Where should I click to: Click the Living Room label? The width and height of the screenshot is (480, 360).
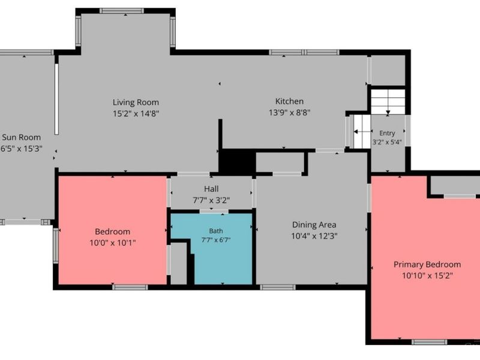(136, 102)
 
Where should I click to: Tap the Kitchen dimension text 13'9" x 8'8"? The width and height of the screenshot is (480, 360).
(290, 113)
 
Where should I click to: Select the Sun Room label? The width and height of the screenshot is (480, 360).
(21, 137)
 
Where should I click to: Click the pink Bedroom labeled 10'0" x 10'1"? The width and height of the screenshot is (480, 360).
(113, 230)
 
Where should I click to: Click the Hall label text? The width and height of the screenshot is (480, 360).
(211, 189)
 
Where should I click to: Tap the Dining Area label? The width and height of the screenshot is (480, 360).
(314, 225)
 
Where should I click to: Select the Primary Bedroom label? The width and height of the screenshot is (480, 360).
(427, 265)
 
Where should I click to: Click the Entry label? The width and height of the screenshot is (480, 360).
(387, 133)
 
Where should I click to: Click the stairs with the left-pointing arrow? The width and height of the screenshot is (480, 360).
(362, 131)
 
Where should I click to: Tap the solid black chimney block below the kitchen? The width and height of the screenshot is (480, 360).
(238, 162)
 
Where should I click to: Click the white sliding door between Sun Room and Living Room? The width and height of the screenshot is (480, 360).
(56, 99)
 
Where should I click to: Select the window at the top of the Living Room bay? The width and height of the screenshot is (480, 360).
(122, 11)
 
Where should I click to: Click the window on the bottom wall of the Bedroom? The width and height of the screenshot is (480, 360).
(130, 287)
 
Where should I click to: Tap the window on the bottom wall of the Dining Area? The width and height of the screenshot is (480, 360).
(278, 287)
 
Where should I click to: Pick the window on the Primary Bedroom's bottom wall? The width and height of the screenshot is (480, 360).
(429, 342)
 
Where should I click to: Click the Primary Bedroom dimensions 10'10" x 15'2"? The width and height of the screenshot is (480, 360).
(427, 276)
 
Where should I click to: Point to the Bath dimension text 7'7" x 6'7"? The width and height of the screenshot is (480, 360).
(216, 239)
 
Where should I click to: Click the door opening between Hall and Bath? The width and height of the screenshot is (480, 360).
(214, 211)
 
